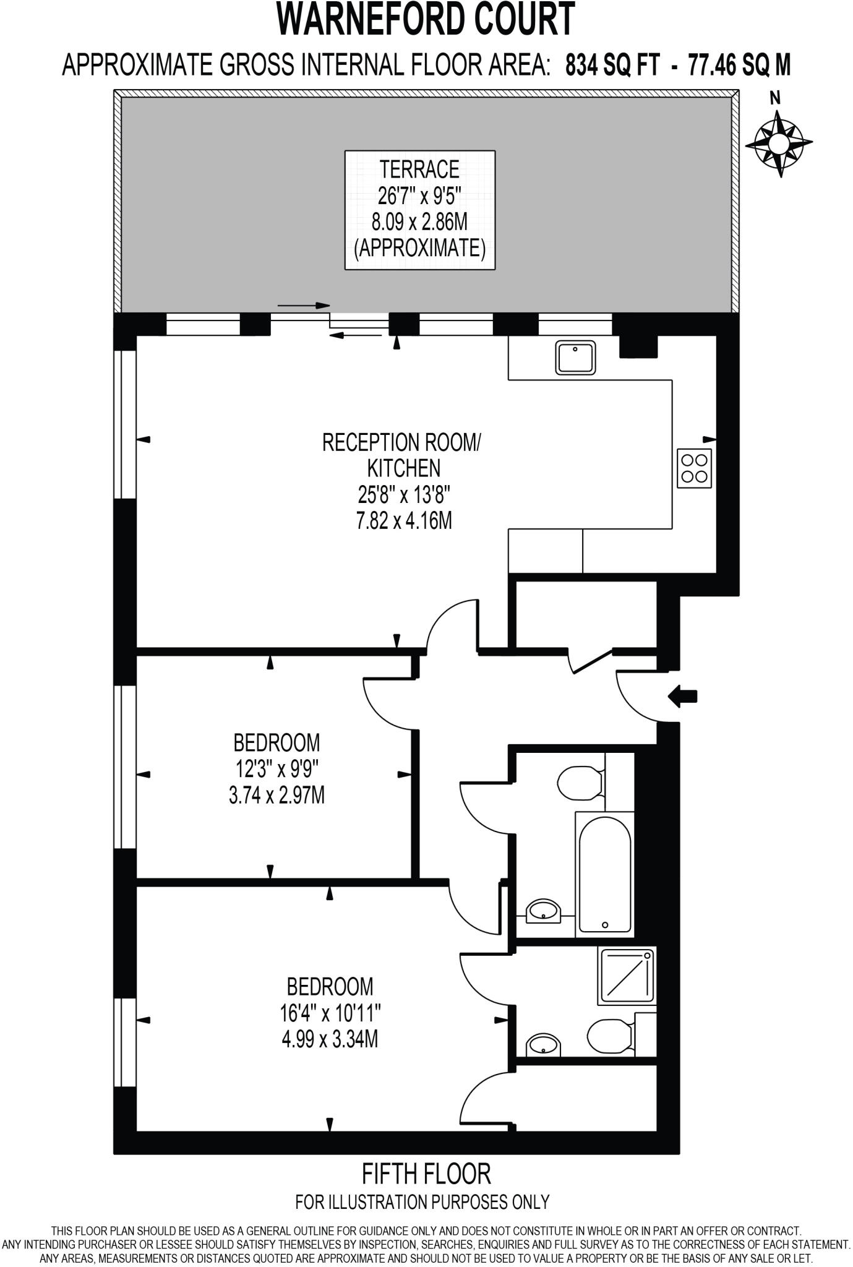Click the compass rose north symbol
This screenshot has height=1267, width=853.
pyautogui.click(x=778, y=143)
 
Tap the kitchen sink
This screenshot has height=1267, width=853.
pyautogui.click(x=576, y=358)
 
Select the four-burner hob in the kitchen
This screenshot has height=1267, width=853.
pyautogui.click(x=694, y=468)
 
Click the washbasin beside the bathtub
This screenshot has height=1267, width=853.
pyautogui.click(x=544, y=911)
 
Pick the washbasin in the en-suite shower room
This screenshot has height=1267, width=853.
pyautogui.click(x=544, y=1046)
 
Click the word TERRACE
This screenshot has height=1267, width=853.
pyautogui.click(x=419, y=169)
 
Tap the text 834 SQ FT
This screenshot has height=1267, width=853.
pyautogui.click(x=612, y=65)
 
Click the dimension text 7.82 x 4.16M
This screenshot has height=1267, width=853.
pyautogui.click(x=403, y=521)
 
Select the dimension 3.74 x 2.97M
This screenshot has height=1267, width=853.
pyautogui.click(x=276, y=795)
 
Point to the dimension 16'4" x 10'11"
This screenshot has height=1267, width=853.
pyautogui.click(x=329, y=1013)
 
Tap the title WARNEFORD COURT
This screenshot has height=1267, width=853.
pyautogui.click(x=426, y=20)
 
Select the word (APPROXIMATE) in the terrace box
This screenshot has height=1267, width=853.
pyautogui.click(x=419, y=248)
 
